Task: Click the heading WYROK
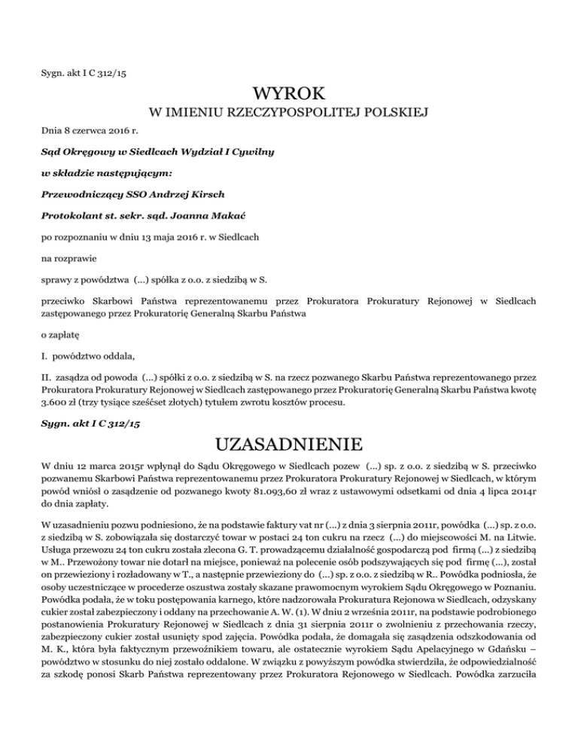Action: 289,94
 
